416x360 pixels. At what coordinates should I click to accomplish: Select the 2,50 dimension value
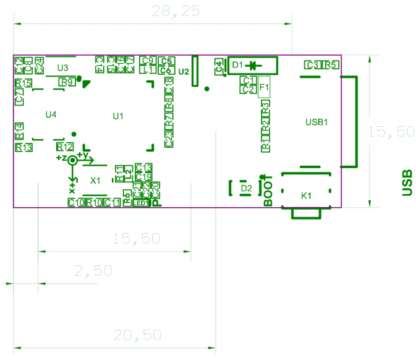tap(93, 271)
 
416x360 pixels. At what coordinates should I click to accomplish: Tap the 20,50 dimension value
tap(138, 335)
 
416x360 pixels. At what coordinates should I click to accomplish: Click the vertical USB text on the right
tap(406, 183)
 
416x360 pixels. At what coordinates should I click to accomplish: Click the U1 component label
tap(118, 116)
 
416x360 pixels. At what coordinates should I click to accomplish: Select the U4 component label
tap(51, 114)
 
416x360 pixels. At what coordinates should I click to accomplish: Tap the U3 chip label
tap(62, 67)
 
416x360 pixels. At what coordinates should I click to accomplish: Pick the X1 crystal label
tap(95, 181)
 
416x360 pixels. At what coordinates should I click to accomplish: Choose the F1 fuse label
tap(264, 88)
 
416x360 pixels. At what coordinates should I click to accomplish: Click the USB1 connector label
tap(316, 122)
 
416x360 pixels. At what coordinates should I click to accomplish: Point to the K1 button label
tap(306, 196)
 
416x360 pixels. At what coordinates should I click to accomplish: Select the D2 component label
tap(245, 188)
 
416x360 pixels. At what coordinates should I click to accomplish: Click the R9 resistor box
tap(67, 82)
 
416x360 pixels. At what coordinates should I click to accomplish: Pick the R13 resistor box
tap(24, 147)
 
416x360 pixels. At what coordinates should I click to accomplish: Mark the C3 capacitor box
tap(312, 65)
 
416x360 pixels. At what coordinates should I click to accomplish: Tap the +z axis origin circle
tap(72, 160)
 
